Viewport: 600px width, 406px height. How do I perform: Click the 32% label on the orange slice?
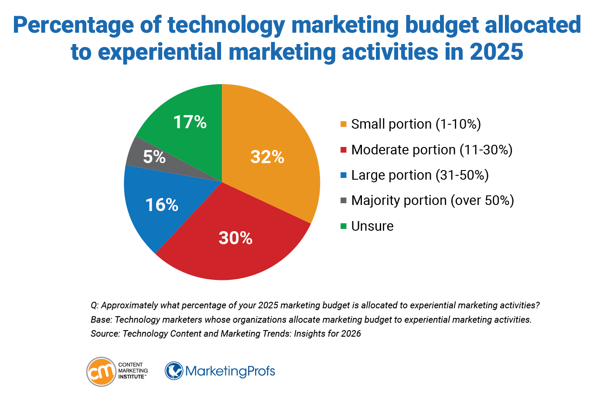(x=267, y=157)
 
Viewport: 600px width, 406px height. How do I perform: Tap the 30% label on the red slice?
(x=235, y=238)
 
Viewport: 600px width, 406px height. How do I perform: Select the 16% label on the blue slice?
(x=162, y=205)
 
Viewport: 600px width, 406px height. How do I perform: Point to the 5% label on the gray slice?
(x=154, y=157)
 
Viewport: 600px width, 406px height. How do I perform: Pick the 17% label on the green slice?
(x=190, y=122)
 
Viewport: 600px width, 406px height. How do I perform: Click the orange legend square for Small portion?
(x=344, y=124)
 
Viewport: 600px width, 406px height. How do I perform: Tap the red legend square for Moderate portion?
(x=344, y=150)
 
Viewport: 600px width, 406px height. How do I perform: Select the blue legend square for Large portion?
(x=344, y=175)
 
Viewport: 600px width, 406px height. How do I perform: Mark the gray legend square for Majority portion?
(x=344, y=201)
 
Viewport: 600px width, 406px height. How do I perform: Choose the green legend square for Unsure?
(x=344, y=226)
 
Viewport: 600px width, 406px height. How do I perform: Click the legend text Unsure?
(x=372, y=226)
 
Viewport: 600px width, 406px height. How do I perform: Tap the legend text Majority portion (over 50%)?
(x=433, y=201)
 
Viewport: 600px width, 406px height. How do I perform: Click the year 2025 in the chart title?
(x=496, y=52)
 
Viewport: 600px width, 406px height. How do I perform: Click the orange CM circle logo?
(x=101, y=372)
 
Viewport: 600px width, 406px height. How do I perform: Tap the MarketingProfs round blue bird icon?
(x=174, y=371)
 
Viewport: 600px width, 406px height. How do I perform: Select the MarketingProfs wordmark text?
(x=230, y=371)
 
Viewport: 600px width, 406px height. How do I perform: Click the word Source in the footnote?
(x=104, y=334)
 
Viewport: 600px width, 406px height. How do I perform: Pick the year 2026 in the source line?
(x=351, y=334)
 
